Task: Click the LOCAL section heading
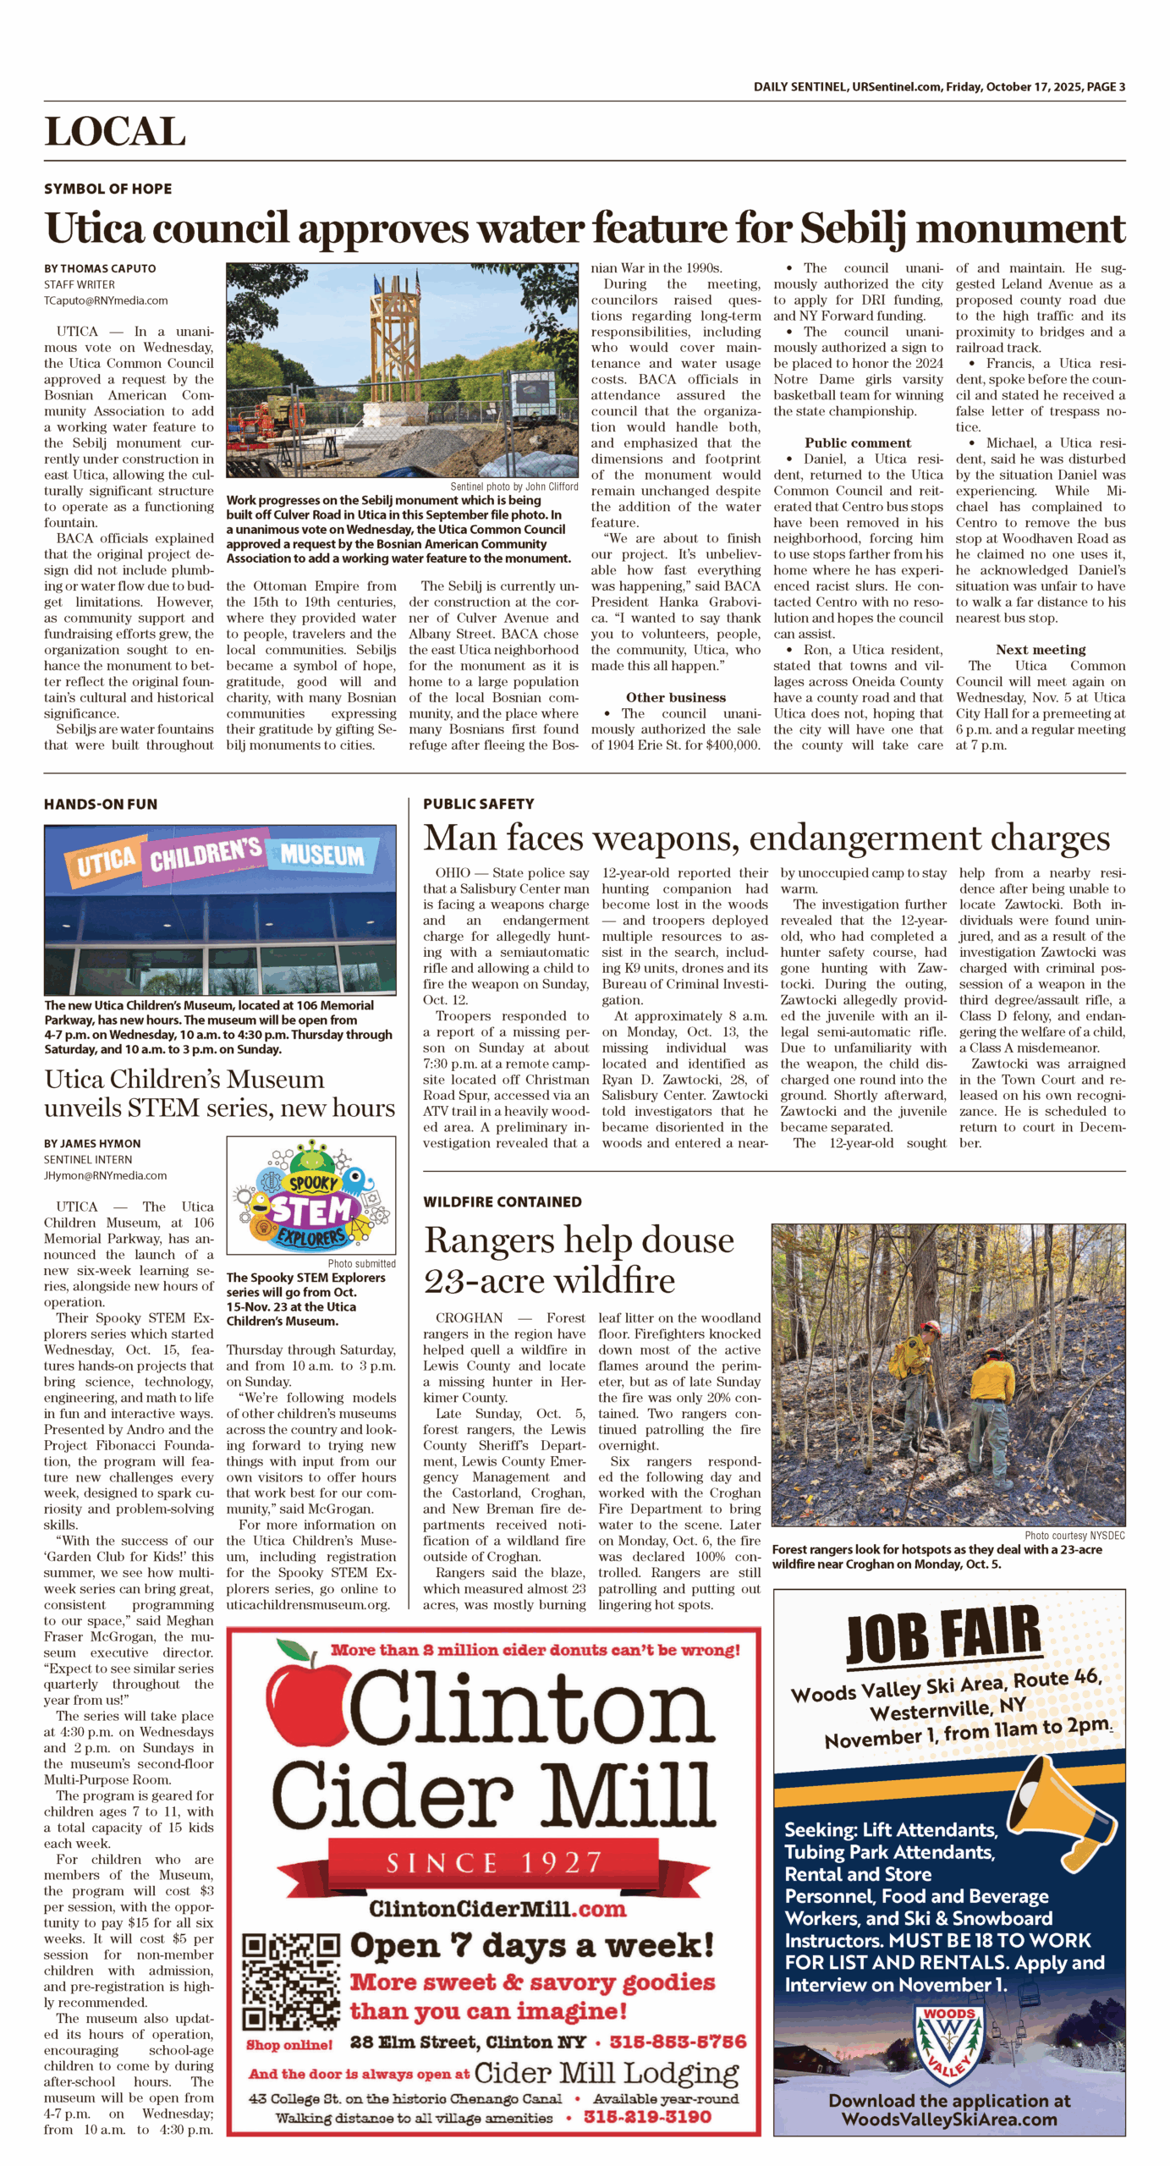point(115,132)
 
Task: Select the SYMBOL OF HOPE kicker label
point(107,189)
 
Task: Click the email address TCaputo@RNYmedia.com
point(106,300)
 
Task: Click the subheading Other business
point(675,697)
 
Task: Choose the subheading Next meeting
point(1040,650)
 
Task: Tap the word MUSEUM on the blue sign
point(321,855)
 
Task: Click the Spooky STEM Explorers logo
point(310,1195)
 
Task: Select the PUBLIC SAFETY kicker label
point(478,804)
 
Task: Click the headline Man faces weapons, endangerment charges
point(766,838)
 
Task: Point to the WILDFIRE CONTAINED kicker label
point(502,1201)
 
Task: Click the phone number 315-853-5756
point(678,2042)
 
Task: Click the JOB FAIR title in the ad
point(942,1635)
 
